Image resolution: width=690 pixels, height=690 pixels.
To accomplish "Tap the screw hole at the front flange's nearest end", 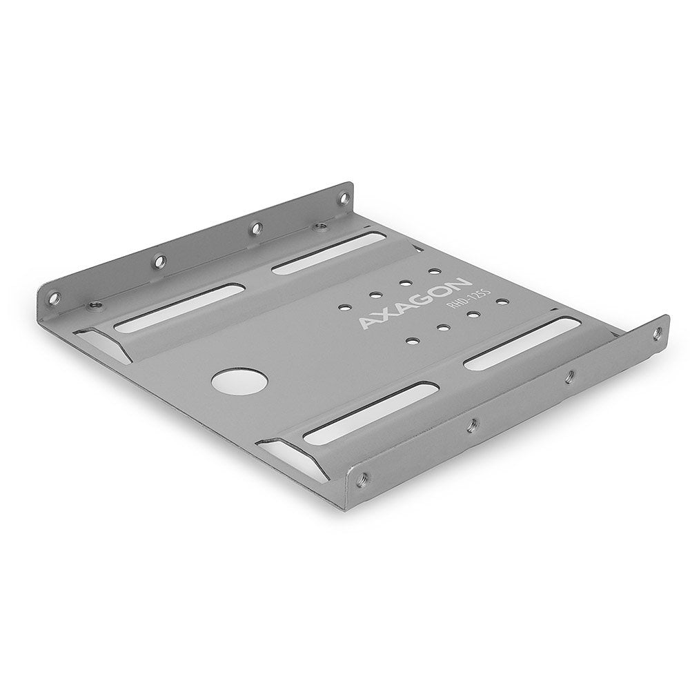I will tap(364, 477).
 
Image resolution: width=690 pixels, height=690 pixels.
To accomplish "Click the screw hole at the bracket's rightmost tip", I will tap(656, 334).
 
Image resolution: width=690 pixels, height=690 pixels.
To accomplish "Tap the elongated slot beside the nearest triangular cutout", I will tap(370, 413).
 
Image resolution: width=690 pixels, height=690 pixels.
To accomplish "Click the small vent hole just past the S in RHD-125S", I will tap(502, 302).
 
